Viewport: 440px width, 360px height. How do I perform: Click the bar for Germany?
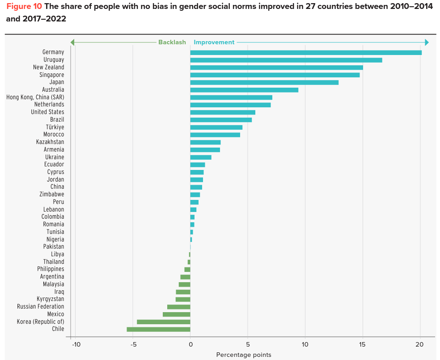click(x=306, y=52)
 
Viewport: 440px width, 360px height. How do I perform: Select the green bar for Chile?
click(x=158, y=329)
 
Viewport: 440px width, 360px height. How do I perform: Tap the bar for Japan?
click(x=264, y=82)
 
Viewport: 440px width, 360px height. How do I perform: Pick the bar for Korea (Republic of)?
click(x=163, y=322)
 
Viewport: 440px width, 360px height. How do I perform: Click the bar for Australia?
click(x=244, y=90)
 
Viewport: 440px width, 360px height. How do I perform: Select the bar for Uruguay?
click(x=286, y=60)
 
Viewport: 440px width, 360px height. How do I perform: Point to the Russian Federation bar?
click(x=178, y=307)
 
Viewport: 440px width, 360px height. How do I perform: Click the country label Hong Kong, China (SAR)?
click(x=35, y=97)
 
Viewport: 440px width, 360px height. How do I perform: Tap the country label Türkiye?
click(x=55, y=127)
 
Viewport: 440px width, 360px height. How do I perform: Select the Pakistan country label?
click(x=53, y=247)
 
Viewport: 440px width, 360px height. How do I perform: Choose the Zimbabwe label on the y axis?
click(x=51, y=194)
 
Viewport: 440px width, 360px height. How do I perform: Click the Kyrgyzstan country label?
click(x=50, y=299)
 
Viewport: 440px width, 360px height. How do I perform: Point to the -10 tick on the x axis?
click(x=75, y=344)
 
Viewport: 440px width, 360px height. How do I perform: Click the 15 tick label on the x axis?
click(x=362, y=344)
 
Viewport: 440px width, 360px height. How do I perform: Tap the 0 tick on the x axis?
click(x=190, y=344)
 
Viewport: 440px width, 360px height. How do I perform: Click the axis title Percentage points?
click(x=243, y=355)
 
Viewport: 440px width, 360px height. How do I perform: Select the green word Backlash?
click(x=172, y=42)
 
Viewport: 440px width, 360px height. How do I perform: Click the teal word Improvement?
click(x=214, y=42)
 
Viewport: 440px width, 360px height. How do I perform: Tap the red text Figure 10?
click(x=24, y=8)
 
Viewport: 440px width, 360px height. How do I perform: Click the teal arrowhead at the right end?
click(x=427, y=42)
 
